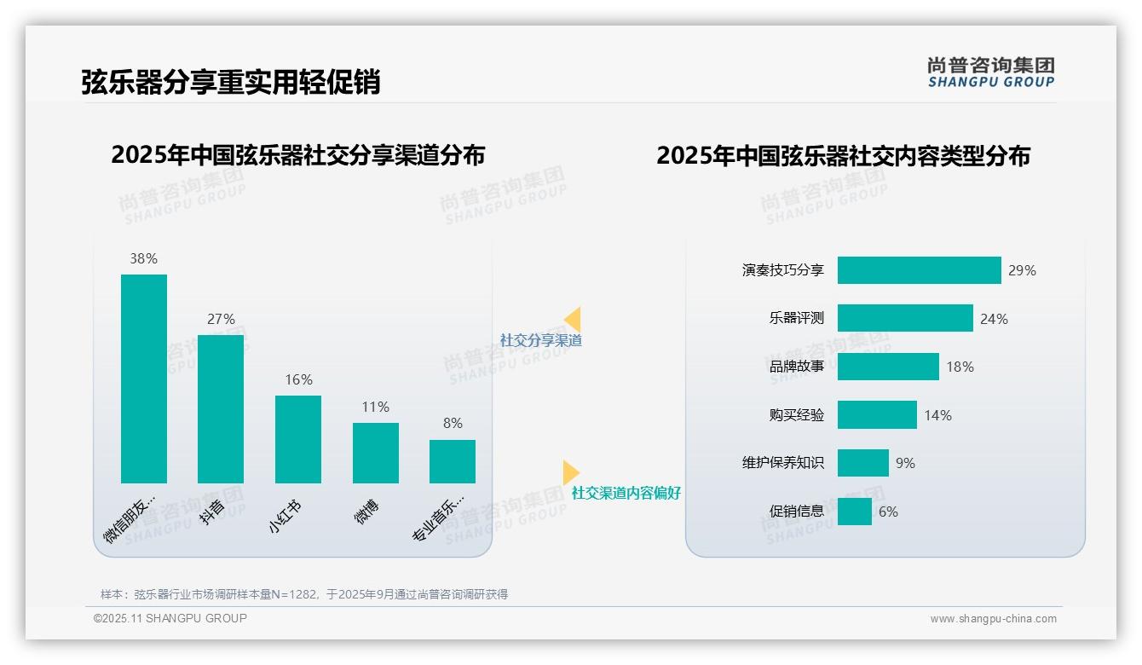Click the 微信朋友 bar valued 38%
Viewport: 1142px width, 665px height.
coord(144,379)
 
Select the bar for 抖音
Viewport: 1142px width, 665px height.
coord(221,409)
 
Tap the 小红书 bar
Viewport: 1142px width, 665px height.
coord(298,439)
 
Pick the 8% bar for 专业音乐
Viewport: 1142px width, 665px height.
coord(453,461)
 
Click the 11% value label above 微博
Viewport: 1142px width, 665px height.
coord(375,407)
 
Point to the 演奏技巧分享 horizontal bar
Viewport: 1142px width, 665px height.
coord(919,270)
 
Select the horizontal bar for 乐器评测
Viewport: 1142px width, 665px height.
coord(905,318)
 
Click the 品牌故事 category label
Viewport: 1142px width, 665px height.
coord(797,367)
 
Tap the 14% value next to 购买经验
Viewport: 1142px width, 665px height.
coord(938,415)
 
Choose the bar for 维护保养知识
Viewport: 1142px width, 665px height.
coord(862,463)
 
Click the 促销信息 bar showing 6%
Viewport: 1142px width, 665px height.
coord(854,512)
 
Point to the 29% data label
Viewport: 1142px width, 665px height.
coord(1022,270)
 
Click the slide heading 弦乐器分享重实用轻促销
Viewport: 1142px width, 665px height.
coord(230,82)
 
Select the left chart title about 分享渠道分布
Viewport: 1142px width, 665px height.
coord(297,155)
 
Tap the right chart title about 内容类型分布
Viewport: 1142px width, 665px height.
coord(843,155)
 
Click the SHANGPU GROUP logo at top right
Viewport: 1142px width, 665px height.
coord(991,72)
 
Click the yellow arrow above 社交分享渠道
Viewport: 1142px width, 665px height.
coord(573,319)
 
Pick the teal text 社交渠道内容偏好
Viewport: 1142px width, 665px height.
coord(626,493)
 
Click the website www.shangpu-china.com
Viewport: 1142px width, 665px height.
coord(993,619)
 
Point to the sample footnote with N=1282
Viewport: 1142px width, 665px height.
coord(304,594)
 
